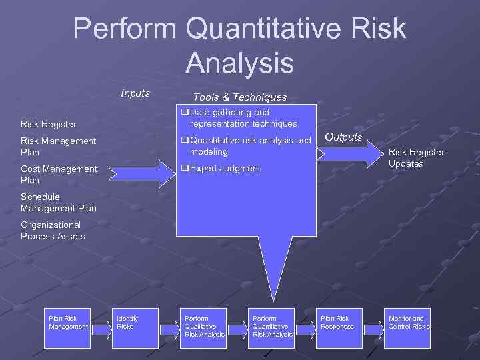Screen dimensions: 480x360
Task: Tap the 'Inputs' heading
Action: [x=135, y=93]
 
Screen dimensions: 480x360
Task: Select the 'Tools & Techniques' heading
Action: [x=240, y=97]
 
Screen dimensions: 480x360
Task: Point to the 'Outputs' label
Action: [x=343, y=137]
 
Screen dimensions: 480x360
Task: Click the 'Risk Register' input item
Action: [x=49, y=124]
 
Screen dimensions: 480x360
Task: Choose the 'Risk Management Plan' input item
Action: [x=58, y=146]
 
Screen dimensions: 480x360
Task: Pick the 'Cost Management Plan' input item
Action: [x=59, y=174]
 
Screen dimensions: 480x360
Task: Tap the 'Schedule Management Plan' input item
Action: [x=59, y=203]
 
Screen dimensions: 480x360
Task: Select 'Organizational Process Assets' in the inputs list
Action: [x=53, y=231]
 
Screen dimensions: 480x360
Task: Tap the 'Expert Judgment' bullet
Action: [x=225, y=168]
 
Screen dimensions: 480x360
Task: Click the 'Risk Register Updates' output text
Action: [x=416, y=158]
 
